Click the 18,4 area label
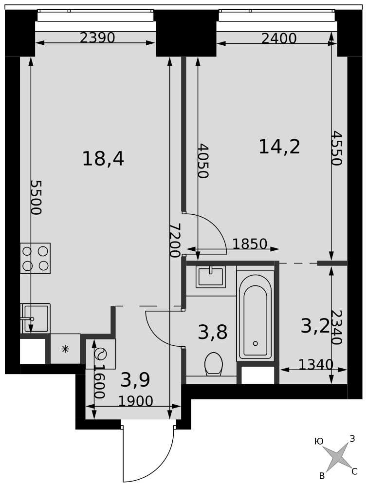pos(103,159)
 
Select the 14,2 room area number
pos(279,147)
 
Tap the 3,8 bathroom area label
pos(213,332)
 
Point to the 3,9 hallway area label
pos(135,380)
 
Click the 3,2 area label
pos(315,326)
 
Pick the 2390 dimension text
pos(97,38)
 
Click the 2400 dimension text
pos(279,39)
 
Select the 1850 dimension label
pos(250,244)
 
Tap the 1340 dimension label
pos(316,364)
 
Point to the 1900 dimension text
pos(136,401)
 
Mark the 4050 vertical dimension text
pos(203,161)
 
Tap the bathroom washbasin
pos(210,276)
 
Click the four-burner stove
pos(36,258)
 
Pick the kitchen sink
pos(36,318)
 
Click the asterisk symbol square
pos(65,349)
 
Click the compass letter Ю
pos(319,441)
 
